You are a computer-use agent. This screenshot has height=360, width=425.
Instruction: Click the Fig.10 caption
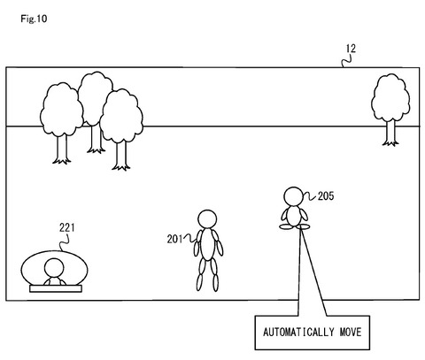pyautogui.click(x=34, y=19)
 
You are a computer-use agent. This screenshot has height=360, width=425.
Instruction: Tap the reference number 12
pyautogui.click(x=351, y=49)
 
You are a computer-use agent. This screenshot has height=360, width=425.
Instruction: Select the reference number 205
pyautogui.click(x=326, y=195)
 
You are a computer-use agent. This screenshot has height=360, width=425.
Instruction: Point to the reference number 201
pyautogui.click(x=175, y=239)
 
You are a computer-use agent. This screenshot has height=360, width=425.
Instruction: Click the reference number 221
pyautogui.click(x=67, y=227)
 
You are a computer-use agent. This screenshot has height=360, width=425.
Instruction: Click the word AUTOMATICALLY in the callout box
pyautogui.click(x=299, y=332)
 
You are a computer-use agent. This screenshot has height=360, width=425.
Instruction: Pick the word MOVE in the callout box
pyautogui.click(x=351, y=332)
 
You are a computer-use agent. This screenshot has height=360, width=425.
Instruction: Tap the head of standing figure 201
pyautogui.click(x=207, y=219)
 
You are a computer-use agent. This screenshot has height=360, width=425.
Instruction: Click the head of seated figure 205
pyautogui.click(x=293, y=196)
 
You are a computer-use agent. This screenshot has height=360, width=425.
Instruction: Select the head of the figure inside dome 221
pyautogui.click(x=54, y=268)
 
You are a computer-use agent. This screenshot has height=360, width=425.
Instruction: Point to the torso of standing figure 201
pyautogui.click(x=208, y=244)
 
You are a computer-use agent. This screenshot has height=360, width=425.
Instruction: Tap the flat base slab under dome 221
pyautogui.click(x=56, y=288)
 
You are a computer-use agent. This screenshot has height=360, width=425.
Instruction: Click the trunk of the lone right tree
pyautogui.click(x=390, y=134)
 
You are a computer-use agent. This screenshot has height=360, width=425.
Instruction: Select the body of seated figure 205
pyautogui.click(x=294, y=216)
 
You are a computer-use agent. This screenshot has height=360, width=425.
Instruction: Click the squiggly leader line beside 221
pyautogui.click(x=65, y=242)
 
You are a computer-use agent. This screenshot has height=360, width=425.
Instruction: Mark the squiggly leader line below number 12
pyautogui.click(x=346, y=61)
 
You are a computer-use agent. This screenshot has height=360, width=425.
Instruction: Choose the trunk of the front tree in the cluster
pyautogui.click(x=121, y=156)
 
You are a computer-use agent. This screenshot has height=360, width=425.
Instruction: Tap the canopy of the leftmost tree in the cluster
pyautogui.click(x=62, y=110)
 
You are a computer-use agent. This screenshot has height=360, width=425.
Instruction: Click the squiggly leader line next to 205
pyautogui.click(x=310, y=196)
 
